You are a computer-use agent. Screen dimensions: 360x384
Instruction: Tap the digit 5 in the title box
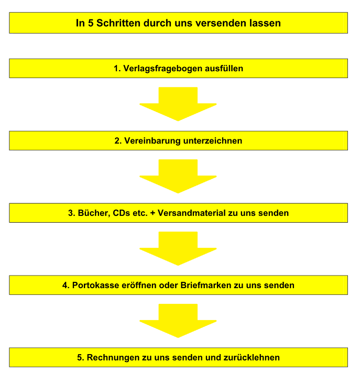point(91,23)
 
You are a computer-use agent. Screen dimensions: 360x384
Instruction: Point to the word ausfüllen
point(224,68)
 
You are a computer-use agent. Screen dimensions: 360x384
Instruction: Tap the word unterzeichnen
point(213,141)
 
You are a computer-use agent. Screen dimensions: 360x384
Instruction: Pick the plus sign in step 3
point(152,213)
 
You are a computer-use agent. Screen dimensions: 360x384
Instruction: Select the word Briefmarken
point(206,286)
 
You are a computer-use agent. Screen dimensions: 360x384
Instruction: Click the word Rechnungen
point(113,358)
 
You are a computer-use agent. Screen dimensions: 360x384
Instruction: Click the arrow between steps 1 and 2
point(178,104)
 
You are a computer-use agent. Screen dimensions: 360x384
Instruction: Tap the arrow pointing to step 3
point(178,177)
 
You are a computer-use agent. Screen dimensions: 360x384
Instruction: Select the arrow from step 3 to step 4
point(178,248)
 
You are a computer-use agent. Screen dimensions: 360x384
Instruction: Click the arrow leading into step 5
point(178,321)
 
